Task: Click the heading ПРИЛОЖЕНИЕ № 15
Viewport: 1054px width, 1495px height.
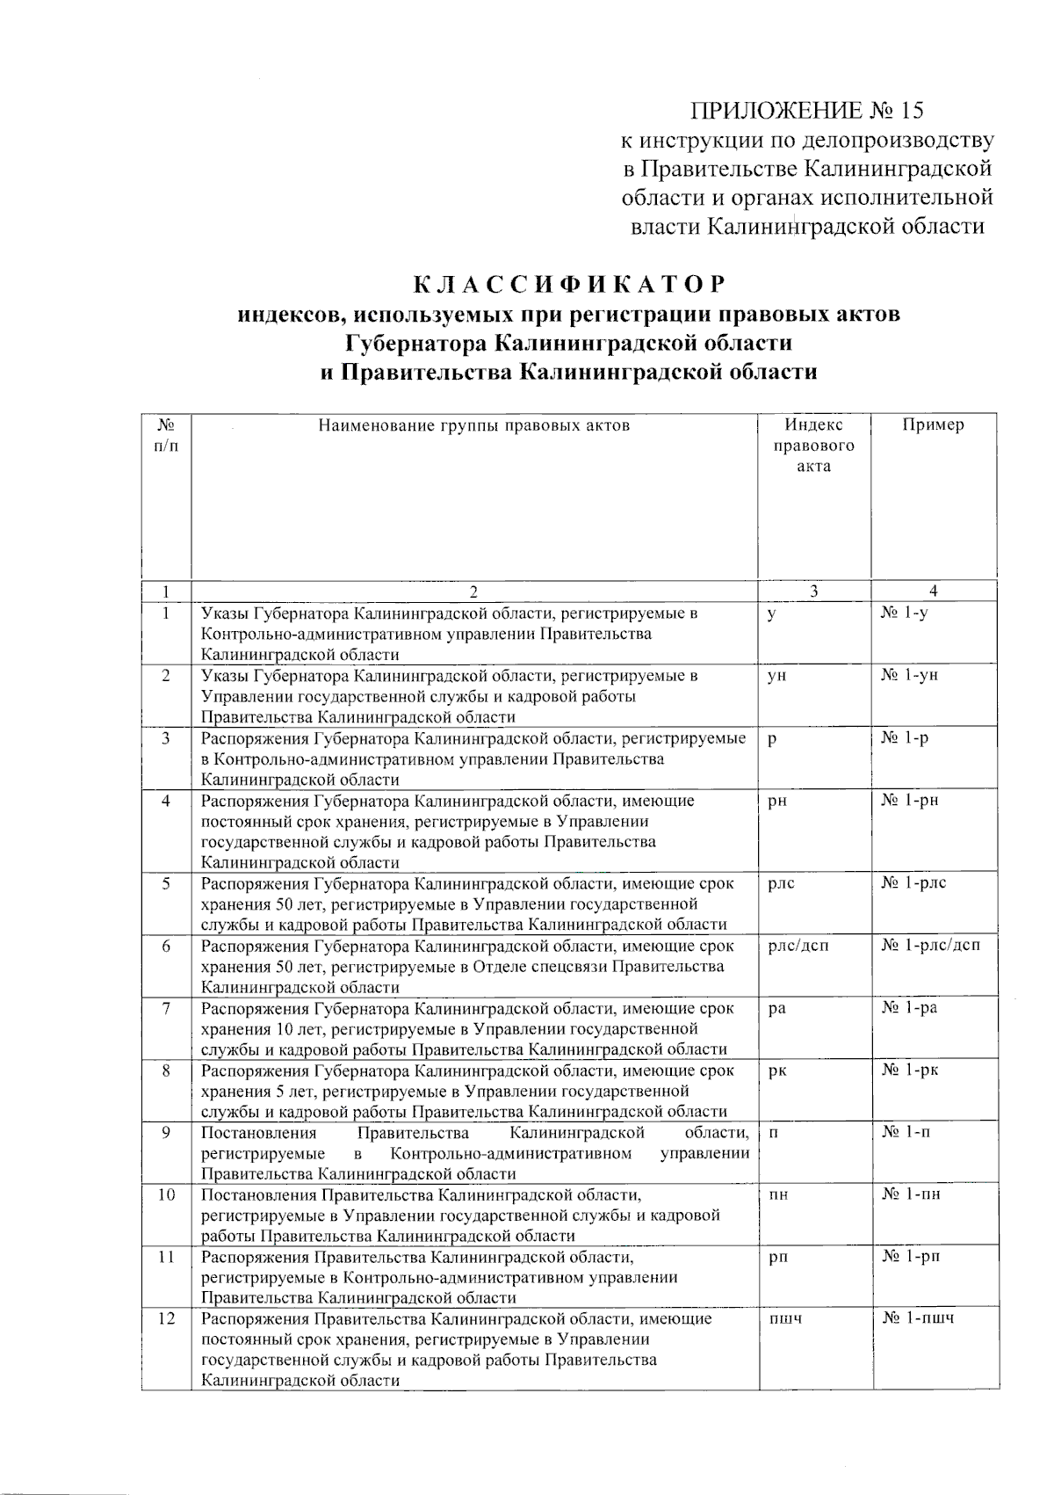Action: (x=807, y=111)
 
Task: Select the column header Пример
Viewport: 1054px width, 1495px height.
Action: (x=933, y=425)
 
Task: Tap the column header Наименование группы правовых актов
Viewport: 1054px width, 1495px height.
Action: (x=473, y=426)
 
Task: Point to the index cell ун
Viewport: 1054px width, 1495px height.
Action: (x=776, y=676)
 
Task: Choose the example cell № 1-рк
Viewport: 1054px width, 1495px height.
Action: (x=910, y=1070)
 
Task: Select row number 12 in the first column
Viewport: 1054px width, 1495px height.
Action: (x=166, y=1318)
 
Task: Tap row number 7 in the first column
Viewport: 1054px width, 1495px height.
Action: (x=166, y=1008)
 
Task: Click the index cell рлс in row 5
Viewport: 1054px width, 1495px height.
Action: (x=781, y=883)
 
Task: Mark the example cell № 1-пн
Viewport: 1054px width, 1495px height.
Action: (x=911, y=1194)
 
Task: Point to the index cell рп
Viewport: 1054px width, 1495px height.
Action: (x=777, y=1258)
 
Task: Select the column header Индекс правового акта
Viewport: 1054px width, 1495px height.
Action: (x=813, y=446)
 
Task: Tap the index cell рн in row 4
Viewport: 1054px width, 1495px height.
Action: (x=776, y=801)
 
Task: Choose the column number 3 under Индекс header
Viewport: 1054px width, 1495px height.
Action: (x=814, y=591)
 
